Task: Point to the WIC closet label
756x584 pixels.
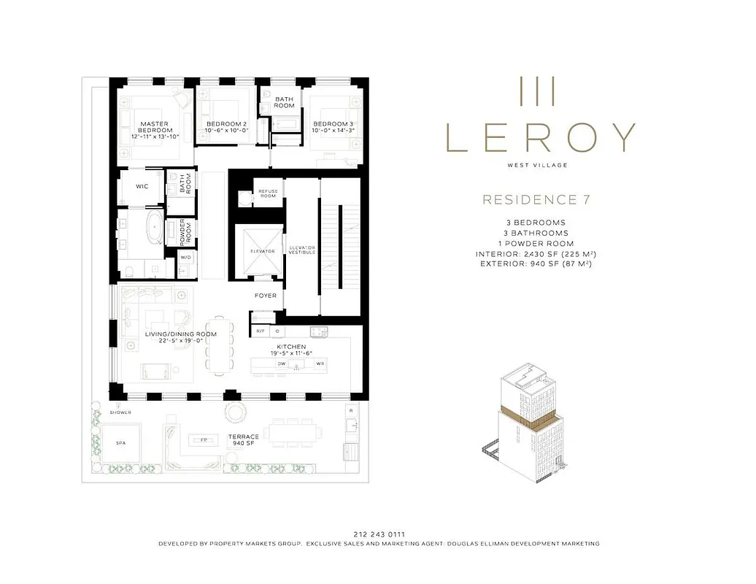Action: pos(142,186)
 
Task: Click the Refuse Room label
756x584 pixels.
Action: pos(268,193)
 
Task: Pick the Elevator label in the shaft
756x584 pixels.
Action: pos(263,250)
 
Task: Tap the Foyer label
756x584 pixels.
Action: pos(265,296)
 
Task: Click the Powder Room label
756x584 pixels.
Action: pos(188,231)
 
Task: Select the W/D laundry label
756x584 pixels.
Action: pos(185,257)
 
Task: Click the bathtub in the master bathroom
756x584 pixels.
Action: pos(154,228)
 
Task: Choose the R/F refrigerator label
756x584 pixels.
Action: pos(260,331)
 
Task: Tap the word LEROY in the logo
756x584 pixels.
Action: pos(540,137)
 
